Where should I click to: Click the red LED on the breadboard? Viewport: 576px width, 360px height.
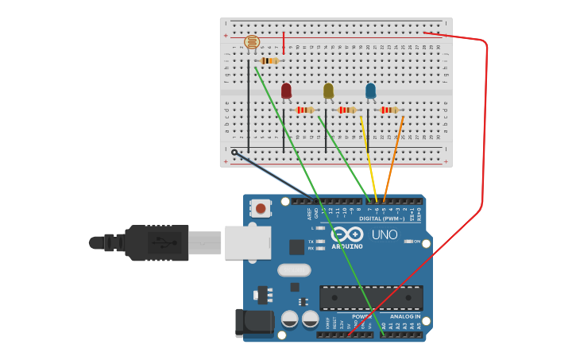pyautogui.click(x=286, y=91)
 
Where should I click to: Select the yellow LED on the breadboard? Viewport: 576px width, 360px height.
pyautogui.click(x=328, y=91)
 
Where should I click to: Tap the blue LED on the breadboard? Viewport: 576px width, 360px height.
pyautogui.click(x=370, y=91)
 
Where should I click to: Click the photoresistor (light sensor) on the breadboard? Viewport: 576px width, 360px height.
pyautogui.click(x=252, y=42)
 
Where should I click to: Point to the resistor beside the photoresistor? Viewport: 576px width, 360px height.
pyautogui.click(x=269, y=60)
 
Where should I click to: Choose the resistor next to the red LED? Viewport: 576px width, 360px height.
pyautogui.click(x=305, y=110)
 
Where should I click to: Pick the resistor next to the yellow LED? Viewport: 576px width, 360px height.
pyautogui.click(x=347, y=110)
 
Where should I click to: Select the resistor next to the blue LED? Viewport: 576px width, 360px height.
pyautogui.click(x=389, y=110)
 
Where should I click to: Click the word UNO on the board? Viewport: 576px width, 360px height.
pyautogui.click(x=385, y=234)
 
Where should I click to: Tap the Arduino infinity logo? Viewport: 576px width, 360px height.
pyautogui.click(x=347, y=234)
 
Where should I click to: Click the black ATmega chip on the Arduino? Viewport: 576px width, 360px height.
pyautogui.click(x=371, y=298)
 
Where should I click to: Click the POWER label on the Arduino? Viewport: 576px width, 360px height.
pyautogui.click(x=361, y=316)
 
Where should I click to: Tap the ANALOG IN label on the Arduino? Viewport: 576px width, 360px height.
pyautogui.click(x=405, y=316)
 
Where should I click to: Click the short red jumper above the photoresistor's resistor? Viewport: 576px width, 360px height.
pyautogui.click(x=284, y=43)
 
